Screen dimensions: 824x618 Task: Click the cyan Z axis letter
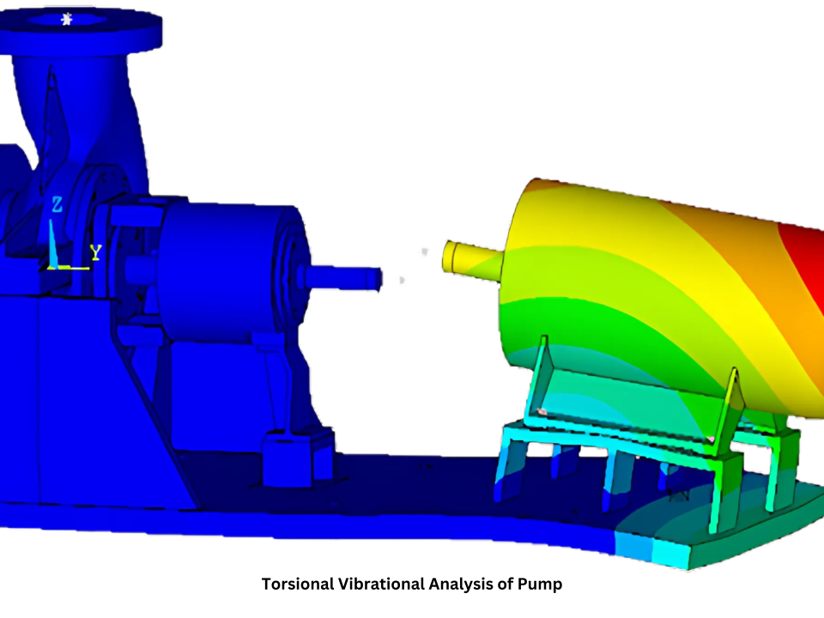[57, 204]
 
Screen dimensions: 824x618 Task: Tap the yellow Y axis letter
[96, 252]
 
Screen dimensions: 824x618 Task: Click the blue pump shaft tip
[374, 278]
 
